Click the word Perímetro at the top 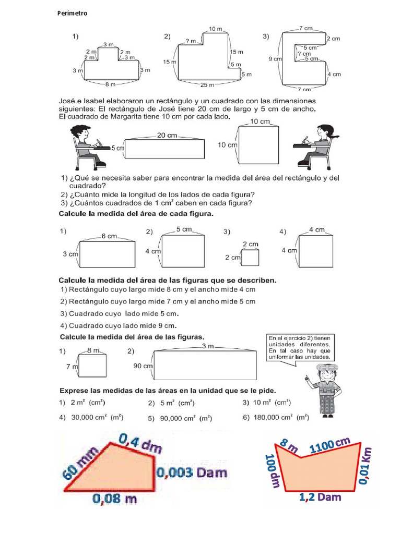tap(72, 14)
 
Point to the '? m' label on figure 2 tap(191, 41)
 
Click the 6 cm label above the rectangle tap(109, 236)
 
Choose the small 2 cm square tap(251, 257)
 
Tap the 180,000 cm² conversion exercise tap(276, 417)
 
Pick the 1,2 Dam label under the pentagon tap(320, 497)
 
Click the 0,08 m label tap(115, 499)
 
